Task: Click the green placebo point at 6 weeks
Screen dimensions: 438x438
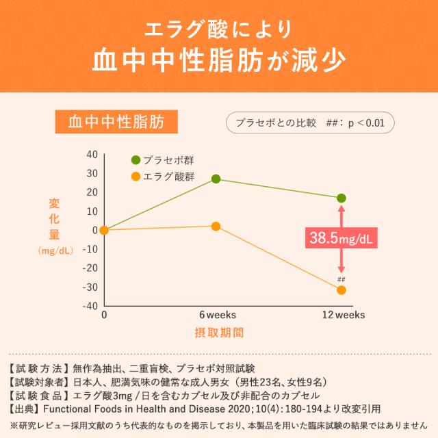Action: tap(216, 179)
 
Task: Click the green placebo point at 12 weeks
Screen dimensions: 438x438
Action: tap(342, 198)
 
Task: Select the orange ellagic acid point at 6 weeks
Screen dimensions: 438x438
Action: tap(216, 226)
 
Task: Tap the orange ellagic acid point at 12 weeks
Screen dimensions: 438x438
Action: tap(342, 290)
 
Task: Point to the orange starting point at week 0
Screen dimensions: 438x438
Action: tap(104, 230)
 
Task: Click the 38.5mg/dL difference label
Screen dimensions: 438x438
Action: tap(342, 239)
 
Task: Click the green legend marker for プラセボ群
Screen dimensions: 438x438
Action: tap(136, 160)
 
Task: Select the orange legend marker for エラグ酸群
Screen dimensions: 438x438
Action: tap(136, 177)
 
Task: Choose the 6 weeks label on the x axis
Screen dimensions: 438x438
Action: tap(217, 315)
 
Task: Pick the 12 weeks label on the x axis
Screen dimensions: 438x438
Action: tap(344, 315)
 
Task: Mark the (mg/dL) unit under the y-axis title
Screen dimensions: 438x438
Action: tap(56, 251)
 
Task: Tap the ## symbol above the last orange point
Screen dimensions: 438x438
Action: tap(342, 279)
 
